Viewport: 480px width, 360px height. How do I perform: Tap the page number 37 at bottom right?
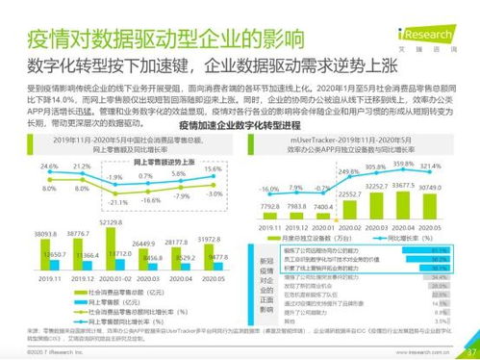[468, 350]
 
